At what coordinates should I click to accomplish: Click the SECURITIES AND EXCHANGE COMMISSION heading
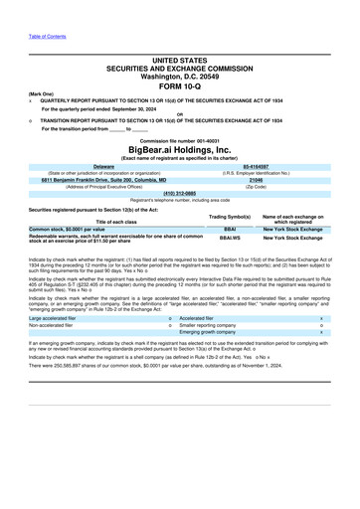coord(179,61)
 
